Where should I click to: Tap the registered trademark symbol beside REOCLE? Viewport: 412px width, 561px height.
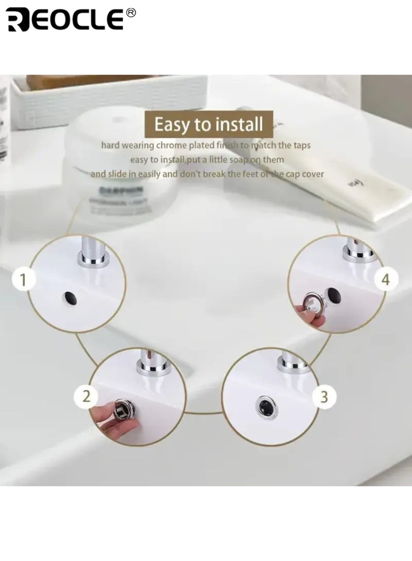[x=131, y=13]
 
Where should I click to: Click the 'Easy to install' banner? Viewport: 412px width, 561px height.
[x=209, y=124]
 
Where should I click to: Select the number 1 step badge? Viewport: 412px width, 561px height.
[x=23, y=280]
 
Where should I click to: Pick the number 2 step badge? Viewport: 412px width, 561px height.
[x=87, y=396]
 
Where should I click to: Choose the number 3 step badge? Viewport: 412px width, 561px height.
[x=324, y=396]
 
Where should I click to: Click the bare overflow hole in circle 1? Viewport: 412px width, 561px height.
[x=71, y=298]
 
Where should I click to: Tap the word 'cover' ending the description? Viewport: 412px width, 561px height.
[x=313, y=174]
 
